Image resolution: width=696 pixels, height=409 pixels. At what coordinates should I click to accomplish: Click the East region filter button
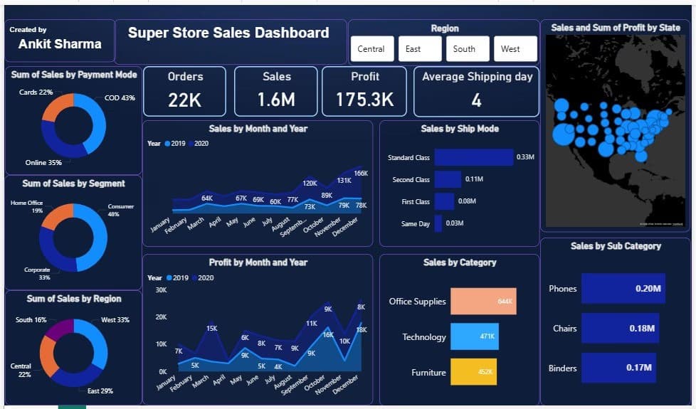pos(420,49)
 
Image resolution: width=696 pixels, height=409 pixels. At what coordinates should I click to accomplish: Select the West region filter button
pos(516,49)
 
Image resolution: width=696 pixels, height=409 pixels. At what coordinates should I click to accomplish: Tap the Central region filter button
pos(371,49)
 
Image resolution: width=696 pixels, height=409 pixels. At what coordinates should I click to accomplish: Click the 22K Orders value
pos(184,100)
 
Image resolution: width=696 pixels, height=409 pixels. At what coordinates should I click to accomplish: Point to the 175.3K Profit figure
pos(364,100)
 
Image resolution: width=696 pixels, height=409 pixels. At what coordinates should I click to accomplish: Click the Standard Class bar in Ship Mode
pos(473,157)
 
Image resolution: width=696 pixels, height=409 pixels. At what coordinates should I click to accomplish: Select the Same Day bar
pos(438,223)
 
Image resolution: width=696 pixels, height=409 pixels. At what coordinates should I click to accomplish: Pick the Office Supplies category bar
pos(483,301)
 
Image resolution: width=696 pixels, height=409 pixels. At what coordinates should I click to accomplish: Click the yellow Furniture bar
pos(473,372)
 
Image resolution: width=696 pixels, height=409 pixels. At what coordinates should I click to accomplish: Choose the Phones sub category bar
pos(623,289)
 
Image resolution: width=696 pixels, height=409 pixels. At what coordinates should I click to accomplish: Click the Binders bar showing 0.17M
pos(616,368)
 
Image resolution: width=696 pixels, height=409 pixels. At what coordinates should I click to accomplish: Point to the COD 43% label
pos(120,98)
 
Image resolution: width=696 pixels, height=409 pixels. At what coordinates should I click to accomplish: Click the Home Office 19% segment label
pos(27,207)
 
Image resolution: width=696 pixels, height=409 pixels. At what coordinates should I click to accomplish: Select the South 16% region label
pos(31,320)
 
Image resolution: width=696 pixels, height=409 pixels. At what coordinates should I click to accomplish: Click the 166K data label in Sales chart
pos(361,174)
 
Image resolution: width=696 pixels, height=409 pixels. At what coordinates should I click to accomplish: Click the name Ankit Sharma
pos(60,44)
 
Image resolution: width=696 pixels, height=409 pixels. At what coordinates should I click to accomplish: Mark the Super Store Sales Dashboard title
pos(228,33)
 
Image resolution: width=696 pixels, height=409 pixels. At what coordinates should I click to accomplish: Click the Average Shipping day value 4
pos(476,100)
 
